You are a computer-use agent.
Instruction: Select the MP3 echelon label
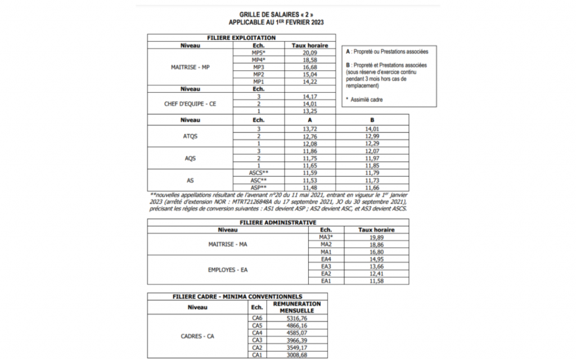(259, 67)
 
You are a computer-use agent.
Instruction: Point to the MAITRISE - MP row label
(190, 67)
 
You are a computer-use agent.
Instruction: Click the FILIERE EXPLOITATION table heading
(242, 38)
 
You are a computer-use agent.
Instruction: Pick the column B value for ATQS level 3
(372, 129)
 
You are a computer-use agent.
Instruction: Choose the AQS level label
(190, 159)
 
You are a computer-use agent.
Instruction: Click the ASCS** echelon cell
(259, 173)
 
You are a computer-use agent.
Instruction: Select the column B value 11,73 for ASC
(372, 180)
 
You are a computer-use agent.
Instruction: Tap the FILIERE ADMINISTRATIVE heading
(278, 222)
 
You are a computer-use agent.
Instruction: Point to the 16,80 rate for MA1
(376, 251)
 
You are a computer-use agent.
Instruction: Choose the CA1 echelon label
(258, 354)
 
